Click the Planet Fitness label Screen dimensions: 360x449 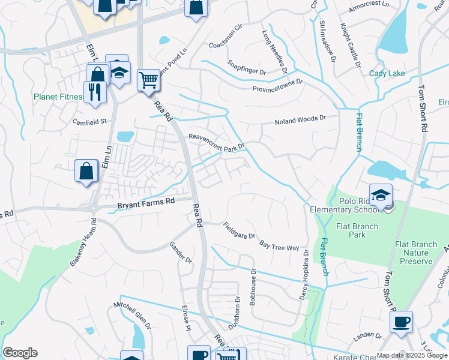[x=58, y=97]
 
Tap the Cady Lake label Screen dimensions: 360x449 [x=387, y=73]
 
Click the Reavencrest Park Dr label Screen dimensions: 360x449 [x=217, y=141]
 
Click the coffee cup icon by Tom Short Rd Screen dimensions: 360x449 [x=400, y=321]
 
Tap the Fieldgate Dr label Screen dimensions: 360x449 [x=239, y=231]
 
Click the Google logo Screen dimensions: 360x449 [x=20, y=353]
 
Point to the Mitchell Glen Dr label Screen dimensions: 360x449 [x=133, y=316]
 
